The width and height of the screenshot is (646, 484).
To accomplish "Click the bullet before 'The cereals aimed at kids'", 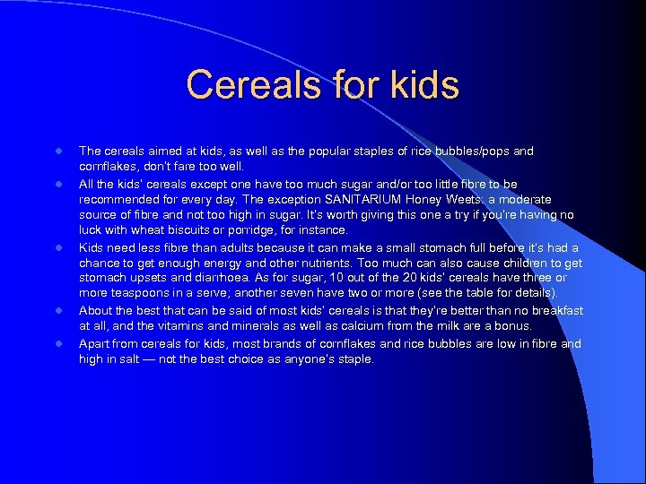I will tap(56, 151).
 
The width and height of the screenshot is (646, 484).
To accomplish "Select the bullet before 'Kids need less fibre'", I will tap(56, 247).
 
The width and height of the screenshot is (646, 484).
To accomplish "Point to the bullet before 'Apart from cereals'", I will tap(56, 343).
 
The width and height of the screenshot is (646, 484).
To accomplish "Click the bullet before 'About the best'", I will tap(56, 311).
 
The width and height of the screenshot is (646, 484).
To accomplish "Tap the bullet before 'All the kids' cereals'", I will tap(56, 184).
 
